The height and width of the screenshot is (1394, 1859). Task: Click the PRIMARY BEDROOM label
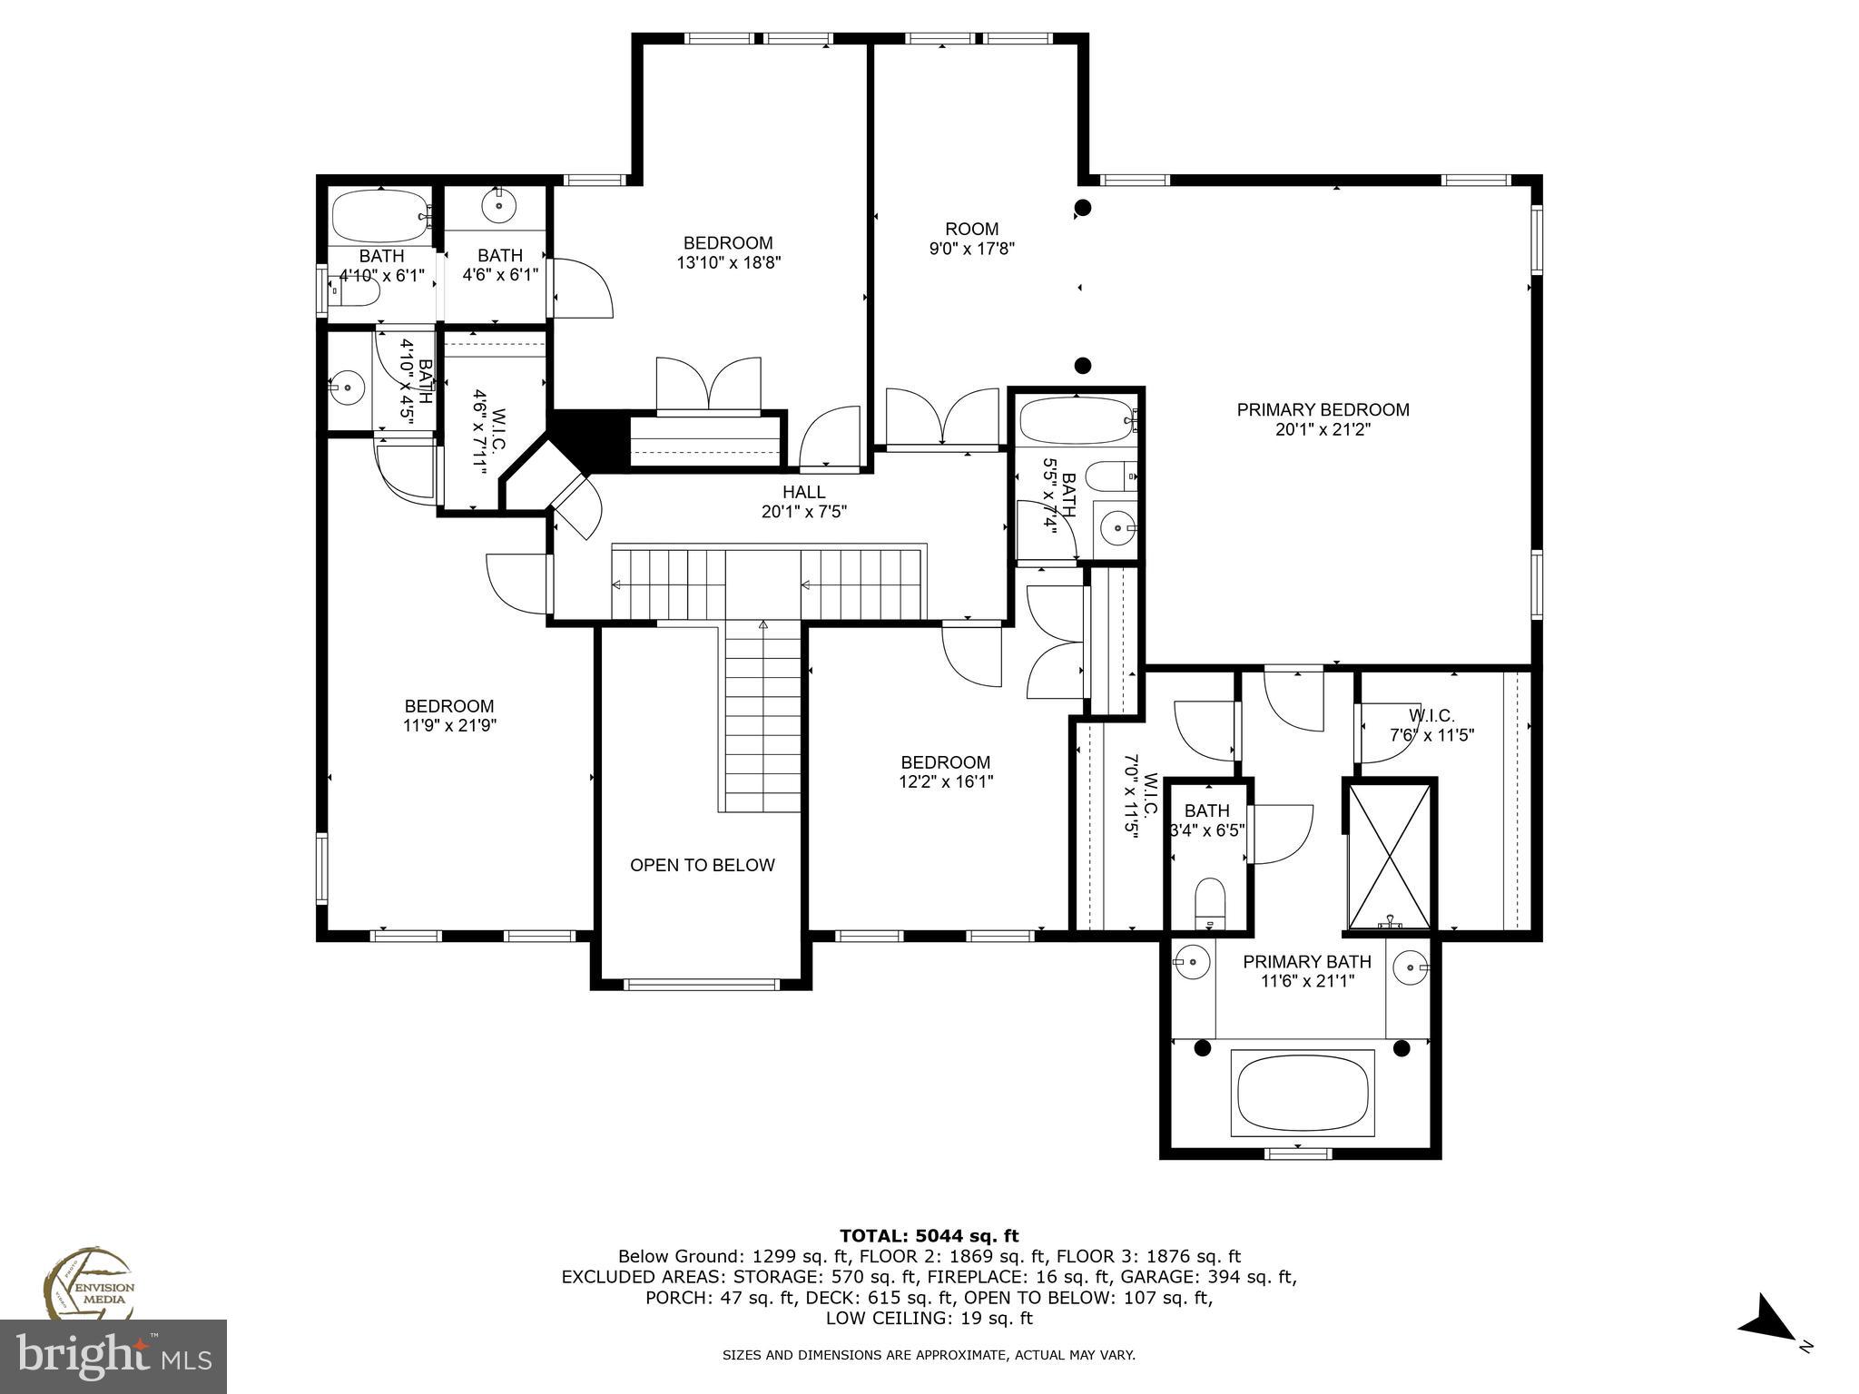coord(1323,410)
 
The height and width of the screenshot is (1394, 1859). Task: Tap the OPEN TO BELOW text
coord(703,865)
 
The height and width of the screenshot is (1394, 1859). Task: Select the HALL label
coord(803,492)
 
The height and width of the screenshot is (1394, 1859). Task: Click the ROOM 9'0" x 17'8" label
coord(971,239)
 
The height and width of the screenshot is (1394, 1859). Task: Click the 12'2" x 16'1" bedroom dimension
coord(946,782)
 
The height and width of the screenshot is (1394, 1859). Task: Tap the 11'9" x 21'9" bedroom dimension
coord(449,726)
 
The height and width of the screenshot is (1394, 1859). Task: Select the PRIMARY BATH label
coord(1306,962)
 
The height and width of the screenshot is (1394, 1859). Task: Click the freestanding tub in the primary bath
coord(1302,1093)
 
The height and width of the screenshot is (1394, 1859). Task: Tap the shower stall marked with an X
coord(1390,856)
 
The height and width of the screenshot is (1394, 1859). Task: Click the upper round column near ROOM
coord(1082,208)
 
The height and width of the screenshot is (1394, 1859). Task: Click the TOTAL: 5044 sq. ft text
coord(929,1235)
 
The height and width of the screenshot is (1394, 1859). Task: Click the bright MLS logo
coord(113,1356)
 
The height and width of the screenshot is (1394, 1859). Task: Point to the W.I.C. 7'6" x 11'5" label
coord(1431,725)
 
